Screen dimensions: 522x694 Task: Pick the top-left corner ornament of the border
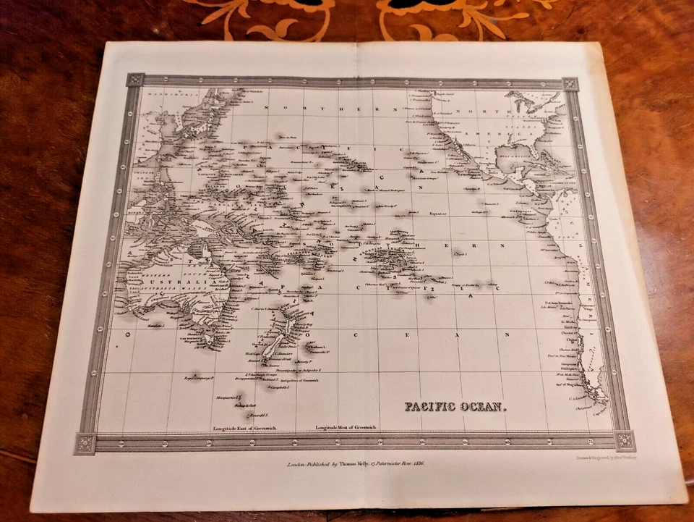click(x=134, y=80)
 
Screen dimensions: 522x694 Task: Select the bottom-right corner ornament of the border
click(x=625, y=440)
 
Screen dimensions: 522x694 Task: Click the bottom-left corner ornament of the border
click(x=85, y=443)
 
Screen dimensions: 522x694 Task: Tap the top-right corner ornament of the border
click(x=570, y=83)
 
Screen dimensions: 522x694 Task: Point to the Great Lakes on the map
click(x=525, y=101)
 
